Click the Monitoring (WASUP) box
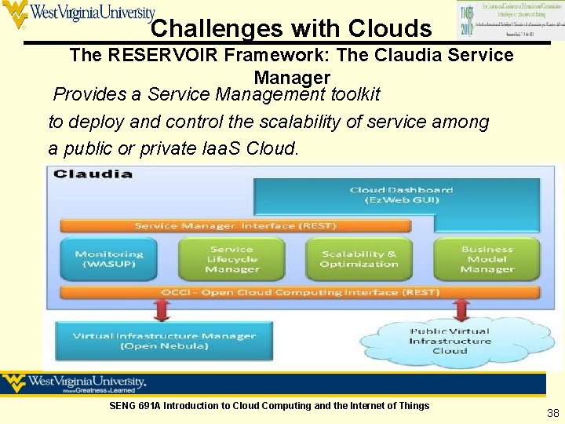point(109,259)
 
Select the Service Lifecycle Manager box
point(232,259)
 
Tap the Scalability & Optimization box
point(359,259)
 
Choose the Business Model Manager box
point(487,259)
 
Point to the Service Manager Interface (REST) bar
point(235,226)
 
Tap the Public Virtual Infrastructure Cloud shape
point(450,341)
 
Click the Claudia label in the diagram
point(93,174)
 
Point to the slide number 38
point(552,412)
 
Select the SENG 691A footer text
point(269,406)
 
